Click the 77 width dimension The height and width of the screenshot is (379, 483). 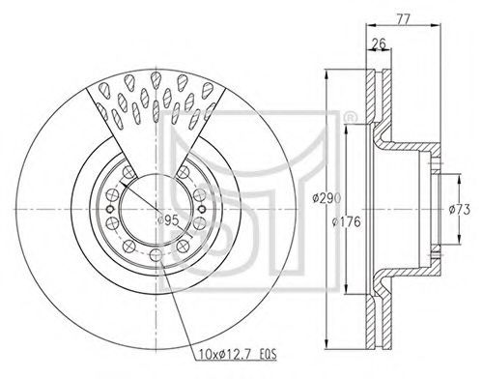[x=403, y=19]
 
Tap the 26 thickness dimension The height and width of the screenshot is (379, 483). [x=379, y=44]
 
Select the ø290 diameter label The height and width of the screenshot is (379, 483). [x=327, y=198]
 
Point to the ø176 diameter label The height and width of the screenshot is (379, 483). [x=346, y=221]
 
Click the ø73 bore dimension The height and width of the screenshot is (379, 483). [x=460, y=210]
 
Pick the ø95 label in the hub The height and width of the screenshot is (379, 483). [x=168, y=220]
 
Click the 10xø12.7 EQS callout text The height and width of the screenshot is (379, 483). [x=236, y=355]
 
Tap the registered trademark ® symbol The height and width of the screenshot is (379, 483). [x=349, y=117]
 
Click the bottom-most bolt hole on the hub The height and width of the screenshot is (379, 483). [x=156, y=255]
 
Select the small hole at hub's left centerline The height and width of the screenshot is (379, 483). [x=110, y=209]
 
